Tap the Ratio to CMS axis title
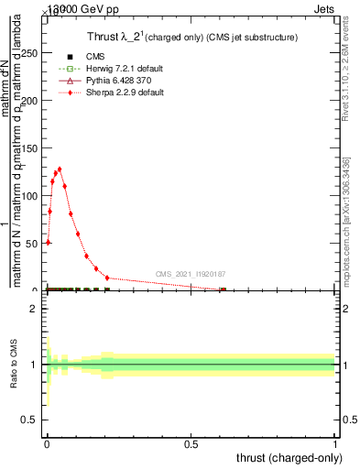click(15, 365)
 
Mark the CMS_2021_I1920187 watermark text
click(190, 274)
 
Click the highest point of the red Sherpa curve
click(60, 169)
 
